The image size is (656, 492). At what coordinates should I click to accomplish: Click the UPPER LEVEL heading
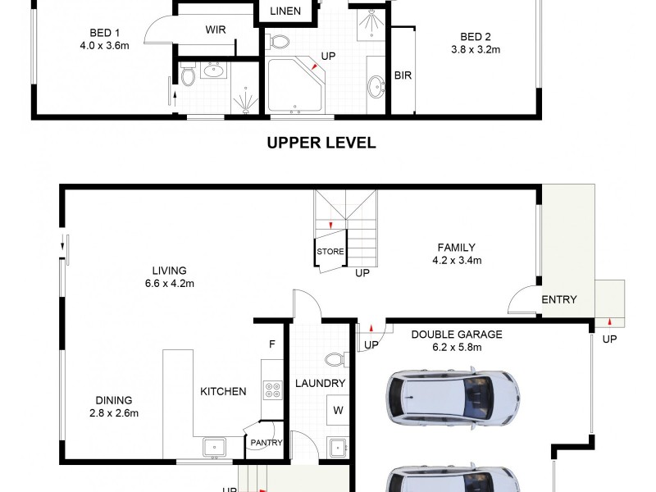click(321, 143)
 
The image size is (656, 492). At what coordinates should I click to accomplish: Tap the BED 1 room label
click(106, 34)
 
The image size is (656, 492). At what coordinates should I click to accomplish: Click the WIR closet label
click(216, 30)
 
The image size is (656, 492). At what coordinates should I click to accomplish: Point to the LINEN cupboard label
click(286, 11)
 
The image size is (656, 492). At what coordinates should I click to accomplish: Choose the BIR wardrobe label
click(403, 76)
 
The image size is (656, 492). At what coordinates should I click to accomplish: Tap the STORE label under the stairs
click(330, 252)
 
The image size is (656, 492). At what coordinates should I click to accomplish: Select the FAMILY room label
click(456, 248)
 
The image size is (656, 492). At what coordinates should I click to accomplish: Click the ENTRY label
click(559, 299)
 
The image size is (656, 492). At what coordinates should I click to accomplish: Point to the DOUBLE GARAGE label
click(457, 335)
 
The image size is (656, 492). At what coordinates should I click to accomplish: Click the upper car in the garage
click(453, 398)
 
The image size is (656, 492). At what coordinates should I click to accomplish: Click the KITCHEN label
click(223, 391)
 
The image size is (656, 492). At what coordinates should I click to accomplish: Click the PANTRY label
click(267, 443)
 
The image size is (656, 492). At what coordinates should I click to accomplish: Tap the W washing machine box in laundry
click(337, 408)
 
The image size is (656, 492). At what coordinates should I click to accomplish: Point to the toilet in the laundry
click(336, 359)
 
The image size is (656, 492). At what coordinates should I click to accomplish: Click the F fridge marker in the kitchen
click(271, 344)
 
